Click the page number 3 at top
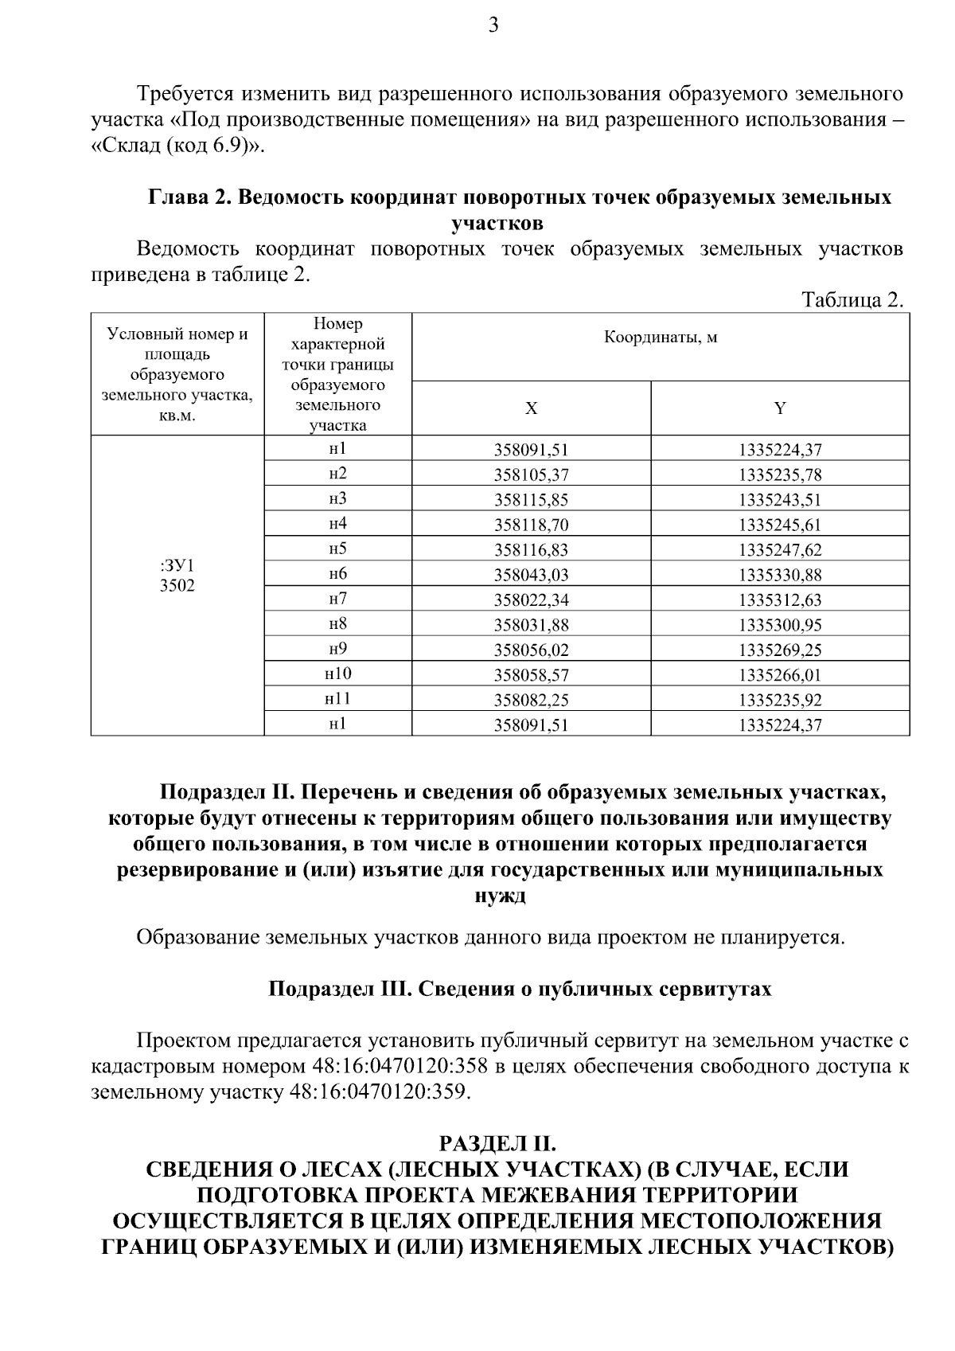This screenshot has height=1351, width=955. [x=493, y=25]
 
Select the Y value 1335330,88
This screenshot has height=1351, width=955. [x=780, y=575]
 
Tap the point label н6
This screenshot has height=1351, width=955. [x=337, y=574]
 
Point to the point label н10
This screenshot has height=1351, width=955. [x=337, y=674]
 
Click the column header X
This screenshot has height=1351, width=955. [x=531, y=408]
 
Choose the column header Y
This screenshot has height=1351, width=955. [x=780, y=408]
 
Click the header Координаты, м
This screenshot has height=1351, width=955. [x=661, y=338]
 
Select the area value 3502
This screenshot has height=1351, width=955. [x=177, y=586]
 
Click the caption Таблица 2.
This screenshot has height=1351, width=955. [x=852, y=300]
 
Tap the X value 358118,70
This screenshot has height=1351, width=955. [x=531, y=525]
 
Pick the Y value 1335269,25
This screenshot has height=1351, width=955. [x=780, y=650]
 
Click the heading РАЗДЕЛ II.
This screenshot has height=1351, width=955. [x=497, y=1144]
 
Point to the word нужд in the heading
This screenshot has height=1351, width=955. [x=500, y=895]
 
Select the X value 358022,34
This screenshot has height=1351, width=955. [x=531, y=599]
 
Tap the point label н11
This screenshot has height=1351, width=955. [x=337, y=699]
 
